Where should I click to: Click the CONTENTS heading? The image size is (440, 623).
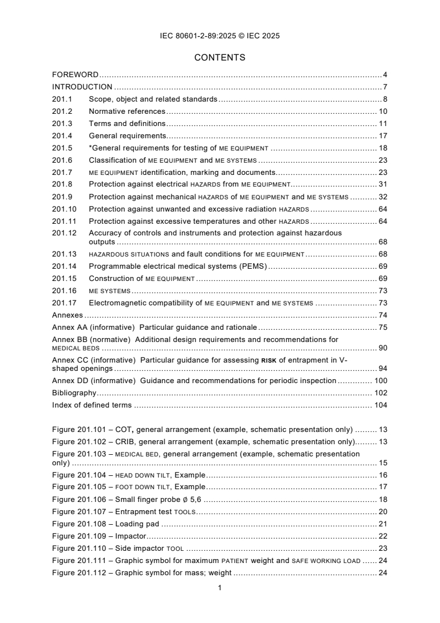coord(220,57)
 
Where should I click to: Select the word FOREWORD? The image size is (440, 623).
coord(75,74)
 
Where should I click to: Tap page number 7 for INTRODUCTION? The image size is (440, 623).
coord(385,87)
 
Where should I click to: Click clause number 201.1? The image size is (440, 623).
coord(62,99)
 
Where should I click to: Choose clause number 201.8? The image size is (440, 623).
coord(62,184)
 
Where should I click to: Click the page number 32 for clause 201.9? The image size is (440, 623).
coord(382,197)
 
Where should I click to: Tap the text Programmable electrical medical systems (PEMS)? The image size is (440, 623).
coord(178,267)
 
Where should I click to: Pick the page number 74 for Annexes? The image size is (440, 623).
coord(382,315)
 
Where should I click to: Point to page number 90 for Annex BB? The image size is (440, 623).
coord(382,348)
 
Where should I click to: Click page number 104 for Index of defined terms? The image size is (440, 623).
coord(380,405)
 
